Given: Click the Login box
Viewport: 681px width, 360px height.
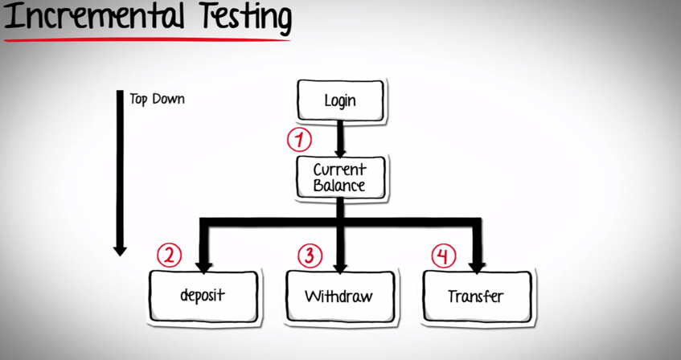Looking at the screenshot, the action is (340, 101).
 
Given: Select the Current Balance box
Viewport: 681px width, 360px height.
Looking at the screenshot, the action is (340, 177).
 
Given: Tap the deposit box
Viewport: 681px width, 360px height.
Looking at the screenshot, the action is (203, 295).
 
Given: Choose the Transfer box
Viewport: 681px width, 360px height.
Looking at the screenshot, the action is (476, 297).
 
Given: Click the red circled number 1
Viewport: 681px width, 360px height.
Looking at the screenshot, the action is (299, 141).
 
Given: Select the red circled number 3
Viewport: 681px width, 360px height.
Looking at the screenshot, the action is (310, 256).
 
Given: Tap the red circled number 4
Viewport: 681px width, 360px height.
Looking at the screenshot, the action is (443, 256).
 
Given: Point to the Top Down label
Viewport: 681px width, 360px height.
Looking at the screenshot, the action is (157, 100).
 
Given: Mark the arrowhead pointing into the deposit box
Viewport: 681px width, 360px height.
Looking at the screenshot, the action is (203, 264).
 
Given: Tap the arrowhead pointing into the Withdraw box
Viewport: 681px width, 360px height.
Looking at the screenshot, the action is (340, 264).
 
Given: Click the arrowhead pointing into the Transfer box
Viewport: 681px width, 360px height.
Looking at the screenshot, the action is (478, 264).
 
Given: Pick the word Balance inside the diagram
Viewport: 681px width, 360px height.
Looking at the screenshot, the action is (339, 186).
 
